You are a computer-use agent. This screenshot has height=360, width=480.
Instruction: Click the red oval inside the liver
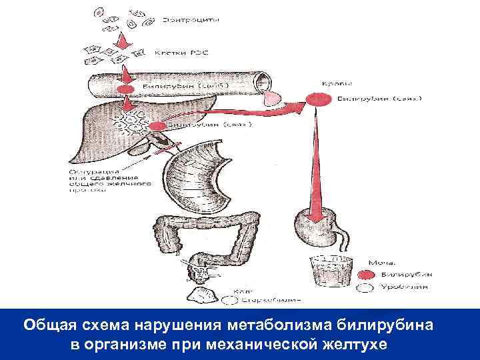coord(157,126)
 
